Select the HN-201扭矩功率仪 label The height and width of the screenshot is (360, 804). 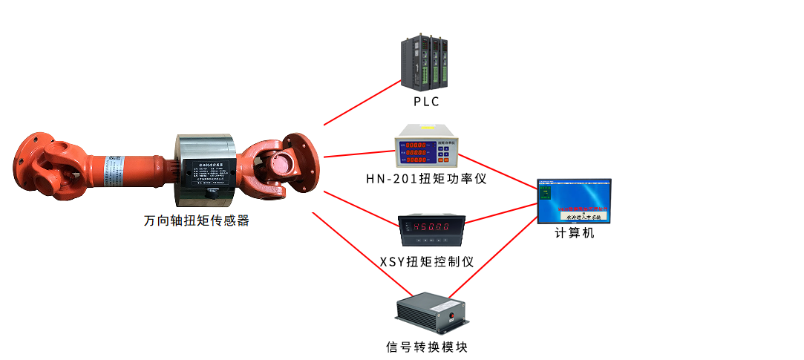426,179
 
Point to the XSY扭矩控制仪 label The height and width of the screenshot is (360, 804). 426,261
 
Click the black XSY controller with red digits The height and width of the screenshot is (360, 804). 431,227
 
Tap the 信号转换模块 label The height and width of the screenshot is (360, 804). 427,347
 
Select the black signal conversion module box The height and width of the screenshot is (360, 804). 431,312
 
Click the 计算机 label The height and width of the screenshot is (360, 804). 575,233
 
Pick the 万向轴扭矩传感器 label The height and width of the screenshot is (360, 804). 197,220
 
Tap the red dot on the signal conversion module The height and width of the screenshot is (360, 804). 451,315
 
